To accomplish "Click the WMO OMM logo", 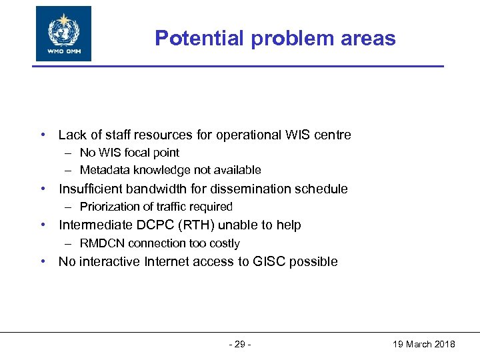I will (63, 33).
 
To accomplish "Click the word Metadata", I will (104, 170).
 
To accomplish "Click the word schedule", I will (322, 189).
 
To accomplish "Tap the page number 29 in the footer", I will (239, 344).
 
